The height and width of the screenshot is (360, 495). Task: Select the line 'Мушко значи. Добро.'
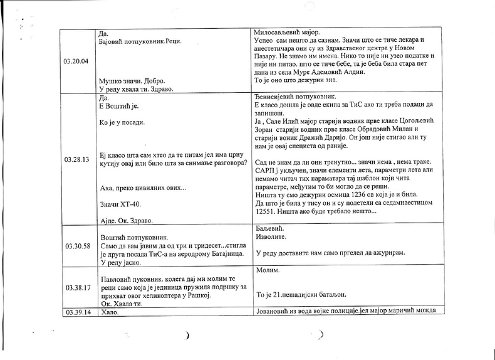pos(132,82)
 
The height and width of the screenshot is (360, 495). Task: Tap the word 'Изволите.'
pos(273,239)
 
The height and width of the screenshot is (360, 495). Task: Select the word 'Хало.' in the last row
pos(109,312)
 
